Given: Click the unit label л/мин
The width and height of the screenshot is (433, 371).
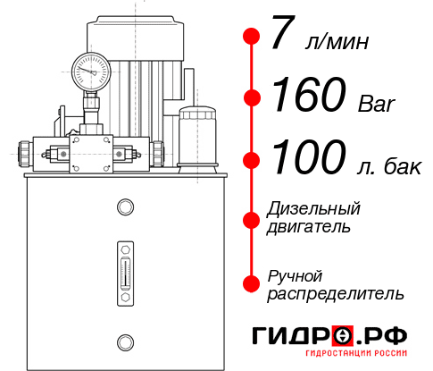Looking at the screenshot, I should click(x=337, y=42).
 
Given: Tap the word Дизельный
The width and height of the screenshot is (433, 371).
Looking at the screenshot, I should click(x=314, y=209).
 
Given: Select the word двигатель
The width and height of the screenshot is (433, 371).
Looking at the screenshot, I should click(x=309, y=227).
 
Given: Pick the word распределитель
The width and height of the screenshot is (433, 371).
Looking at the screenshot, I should click(x=336, y=293).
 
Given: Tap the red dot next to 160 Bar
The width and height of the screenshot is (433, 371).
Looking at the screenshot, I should click(x=252, y=97).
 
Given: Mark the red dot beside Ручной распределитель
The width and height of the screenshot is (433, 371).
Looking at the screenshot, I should click(x=252, y=282).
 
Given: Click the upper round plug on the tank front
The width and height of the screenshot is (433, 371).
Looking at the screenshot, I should click(x=124, y=208).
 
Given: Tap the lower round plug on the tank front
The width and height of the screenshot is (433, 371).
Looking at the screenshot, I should click(x=124, y=340).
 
